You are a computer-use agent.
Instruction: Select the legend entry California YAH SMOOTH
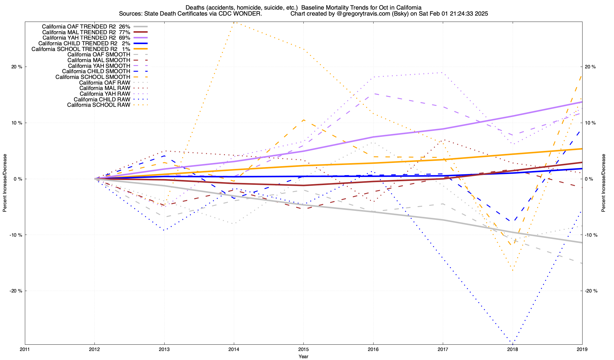click(x=99, y=66)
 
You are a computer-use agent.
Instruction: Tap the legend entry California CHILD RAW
click(x=102, y=99)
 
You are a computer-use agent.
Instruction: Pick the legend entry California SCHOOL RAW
click(x=99, y=105)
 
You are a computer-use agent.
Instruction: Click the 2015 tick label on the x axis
click(x=303, y=349)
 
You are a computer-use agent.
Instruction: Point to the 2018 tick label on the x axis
click(x=512, y=349)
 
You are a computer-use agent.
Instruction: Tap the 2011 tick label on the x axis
click(x=25, y=349)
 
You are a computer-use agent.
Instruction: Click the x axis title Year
click(x=303, y=356)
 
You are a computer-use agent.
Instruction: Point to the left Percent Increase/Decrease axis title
click(x=5, y=183)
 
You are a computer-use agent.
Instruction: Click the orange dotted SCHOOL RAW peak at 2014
click(x=234, y=22)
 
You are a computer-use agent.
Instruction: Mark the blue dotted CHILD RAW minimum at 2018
click(x=512, y=342)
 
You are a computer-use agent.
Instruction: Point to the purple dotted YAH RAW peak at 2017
click(x=443, y=73)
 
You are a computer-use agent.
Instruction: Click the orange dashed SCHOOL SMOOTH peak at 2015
click(x=303, y=120)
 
